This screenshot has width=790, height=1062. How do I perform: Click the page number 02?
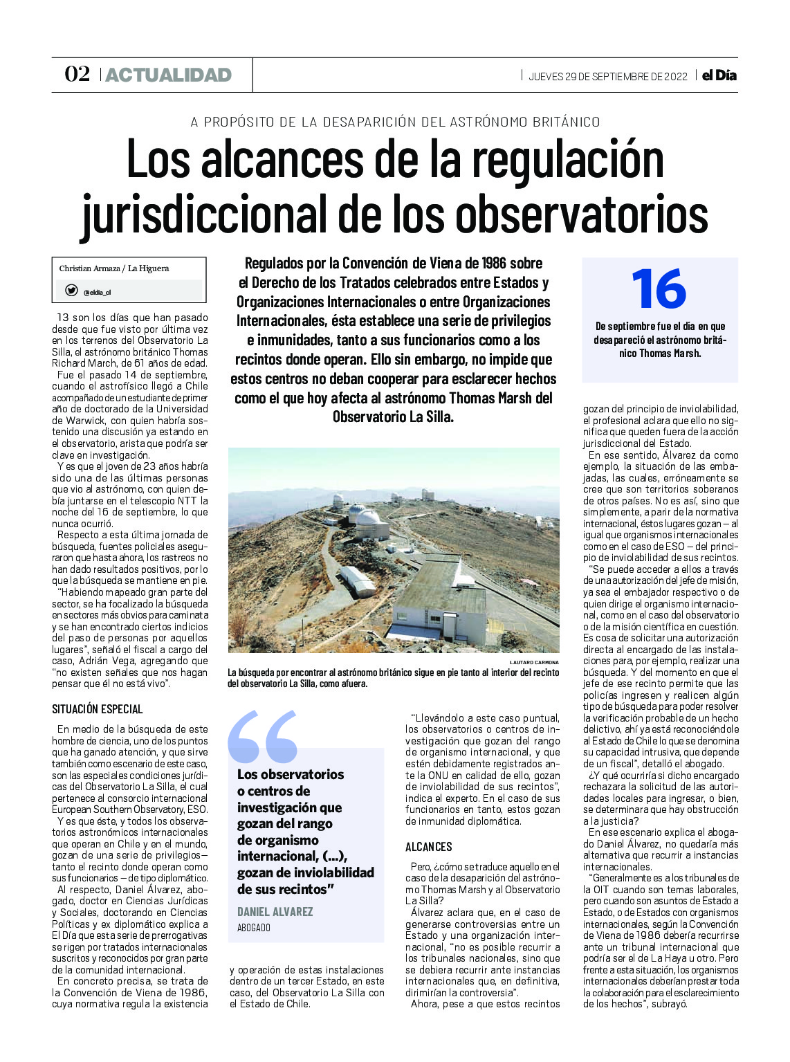tap(77, 74)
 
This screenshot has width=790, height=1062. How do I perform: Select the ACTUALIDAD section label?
tap(168, 75)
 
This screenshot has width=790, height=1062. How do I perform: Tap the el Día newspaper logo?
tap(719, 75)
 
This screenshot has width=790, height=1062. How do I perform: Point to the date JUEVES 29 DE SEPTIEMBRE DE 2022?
tap(607, 76)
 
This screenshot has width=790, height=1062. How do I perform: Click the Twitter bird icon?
tap(71, 291)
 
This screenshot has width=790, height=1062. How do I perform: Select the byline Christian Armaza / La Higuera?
tap(114, 268)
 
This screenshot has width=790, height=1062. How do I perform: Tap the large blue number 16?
tap(659, 289)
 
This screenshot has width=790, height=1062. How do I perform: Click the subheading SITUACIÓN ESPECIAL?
tap(98, 709)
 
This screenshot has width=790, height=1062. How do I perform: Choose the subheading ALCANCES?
tap(428, 847)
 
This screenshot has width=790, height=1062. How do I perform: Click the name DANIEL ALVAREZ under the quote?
tap(275, 912)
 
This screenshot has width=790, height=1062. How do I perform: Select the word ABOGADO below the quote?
tap(254, 928)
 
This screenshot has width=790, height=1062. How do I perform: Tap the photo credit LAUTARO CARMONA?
tap(533, 662)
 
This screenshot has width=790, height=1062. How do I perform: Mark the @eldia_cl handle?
tap(97, 292)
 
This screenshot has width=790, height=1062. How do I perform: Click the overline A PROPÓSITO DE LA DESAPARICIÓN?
tap(395, 122)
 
